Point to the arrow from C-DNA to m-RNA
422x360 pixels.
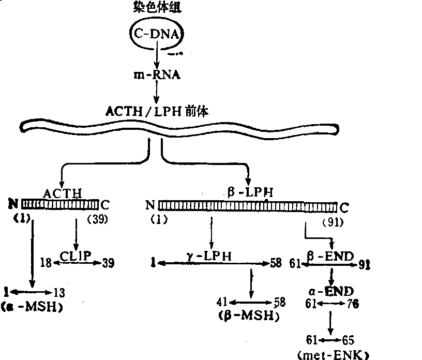(x=157, y=54)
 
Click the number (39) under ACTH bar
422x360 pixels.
(x=97, y=219)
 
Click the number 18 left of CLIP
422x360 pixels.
(x=46, y=263)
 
